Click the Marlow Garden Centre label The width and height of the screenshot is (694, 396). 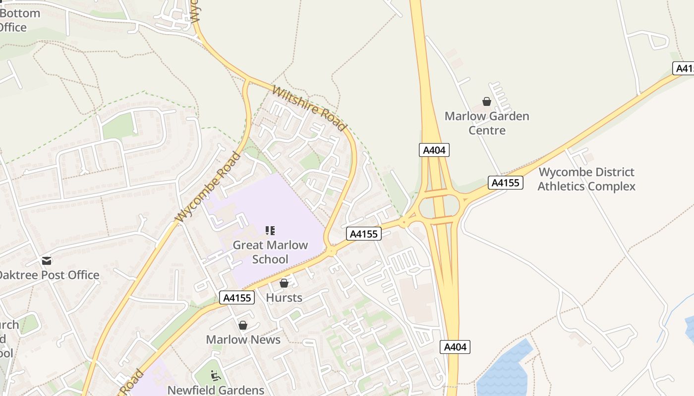click(486, 123)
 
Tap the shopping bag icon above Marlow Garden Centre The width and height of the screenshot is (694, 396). click(487, 101)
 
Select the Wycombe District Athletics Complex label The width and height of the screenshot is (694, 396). click(586, 179)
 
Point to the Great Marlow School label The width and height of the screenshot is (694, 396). click(270, 252)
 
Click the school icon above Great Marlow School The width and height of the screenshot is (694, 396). click(270, 230)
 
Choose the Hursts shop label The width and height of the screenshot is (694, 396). click(284, 297)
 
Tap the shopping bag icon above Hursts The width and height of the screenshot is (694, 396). click(284, 283)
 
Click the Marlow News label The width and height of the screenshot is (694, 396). click(243, 340)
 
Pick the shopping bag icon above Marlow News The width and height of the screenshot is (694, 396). click(243, 325)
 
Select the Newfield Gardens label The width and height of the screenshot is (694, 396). click(216, 390)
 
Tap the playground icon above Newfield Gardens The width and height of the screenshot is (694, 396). click(215, 376)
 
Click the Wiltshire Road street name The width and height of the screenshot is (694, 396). click(308, 109)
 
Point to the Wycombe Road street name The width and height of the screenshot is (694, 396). click(208, 187)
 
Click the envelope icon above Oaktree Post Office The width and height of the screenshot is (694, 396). click(47, 261)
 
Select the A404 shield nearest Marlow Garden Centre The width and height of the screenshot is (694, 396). click(434, 150)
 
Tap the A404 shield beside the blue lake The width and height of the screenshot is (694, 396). click(455, 347)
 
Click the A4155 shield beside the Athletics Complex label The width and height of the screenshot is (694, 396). click(506, 183)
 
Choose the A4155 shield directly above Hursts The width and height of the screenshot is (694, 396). click(237, 297)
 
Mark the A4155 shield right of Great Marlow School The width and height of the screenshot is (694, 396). click(364, 234)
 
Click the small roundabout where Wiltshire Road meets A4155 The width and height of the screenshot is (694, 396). click(331, 251)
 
